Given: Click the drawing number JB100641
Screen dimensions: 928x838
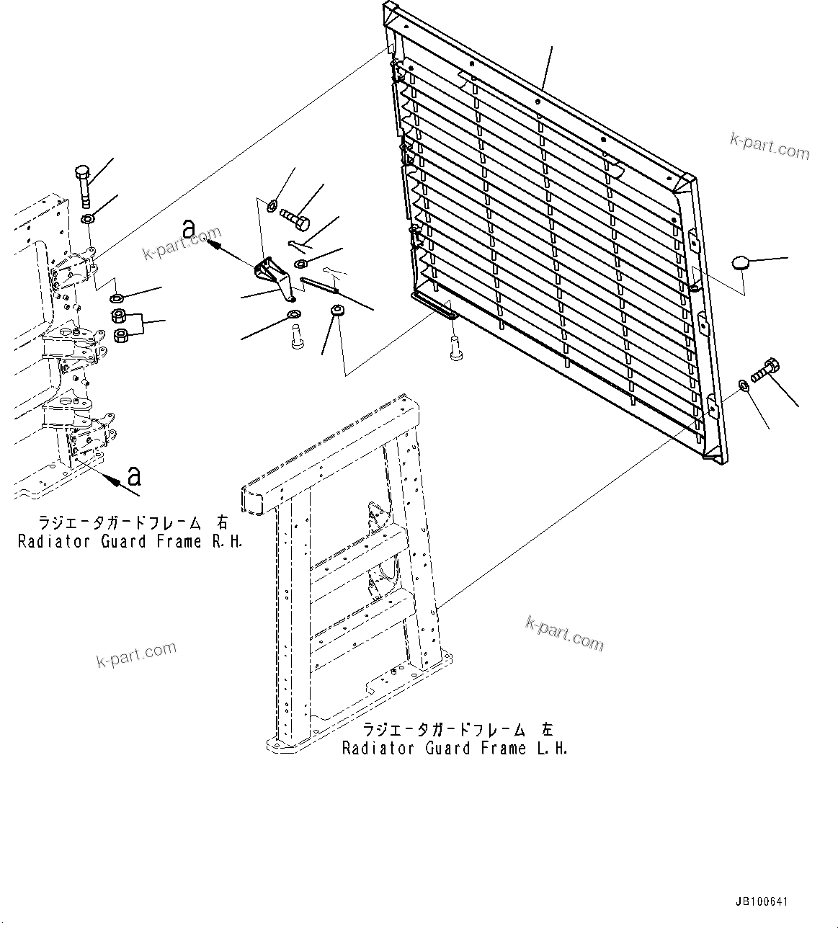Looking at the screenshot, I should [x=762, y=901].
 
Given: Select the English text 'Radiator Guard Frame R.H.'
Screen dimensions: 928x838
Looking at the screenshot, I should [x=130, y=541].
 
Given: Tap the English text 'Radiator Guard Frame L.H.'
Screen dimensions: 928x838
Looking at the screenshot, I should [x=455, y=749].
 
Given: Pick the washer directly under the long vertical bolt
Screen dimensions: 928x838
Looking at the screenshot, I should [x=87, y=218].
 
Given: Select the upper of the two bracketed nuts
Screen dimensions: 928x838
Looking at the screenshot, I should [x=120, y=316].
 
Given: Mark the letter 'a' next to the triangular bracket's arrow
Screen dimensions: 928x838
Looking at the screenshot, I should [x=189, y=229].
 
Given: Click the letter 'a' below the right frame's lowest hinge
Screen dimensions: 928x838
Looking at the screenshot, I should [x=134, y=476].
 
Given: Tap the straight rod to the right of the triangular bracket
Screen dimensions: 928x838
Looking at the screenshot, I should [x=321, y=285].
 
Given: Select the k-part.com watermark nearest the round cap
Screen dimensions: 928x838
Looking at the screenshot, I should [x=770, y=146].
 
